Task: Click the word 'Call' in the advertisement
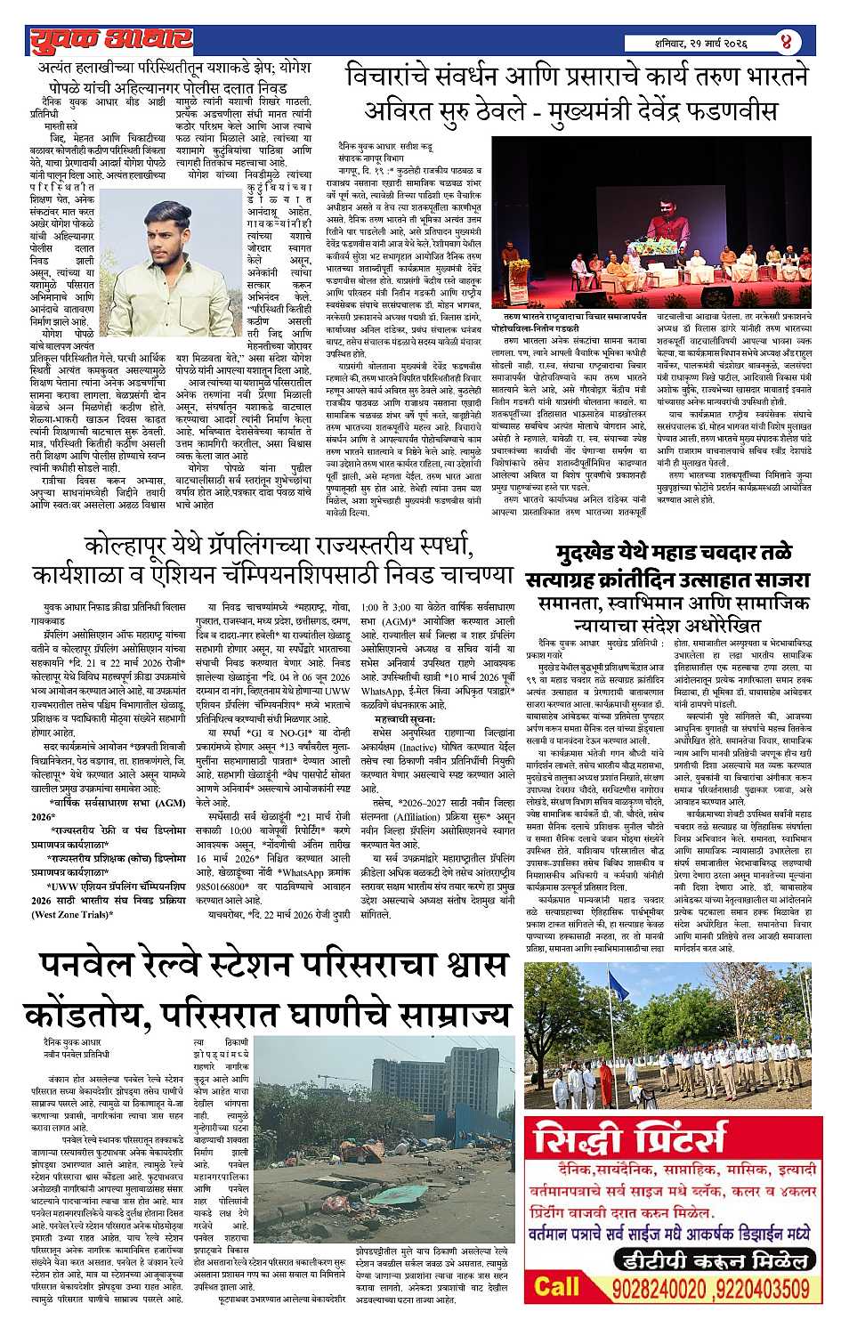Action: point(557,1287)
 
